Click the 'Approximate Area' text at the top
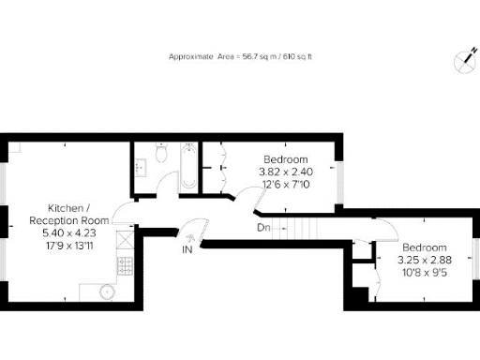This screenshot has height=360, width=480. click(240, 57)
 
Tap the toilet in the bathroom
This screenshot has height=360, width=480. click(162, 152)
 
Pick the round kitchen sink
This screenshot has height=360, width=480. click(108, 291)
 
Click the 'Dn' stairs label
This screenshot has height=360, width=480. click(263, 228)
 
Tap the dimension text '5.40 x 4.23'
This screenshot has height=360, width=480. click(69, 234)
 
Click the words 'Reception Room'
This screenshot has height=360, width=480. click(69, 221)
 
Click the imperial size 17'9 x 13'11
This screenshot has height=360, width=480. click(69, 247)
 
